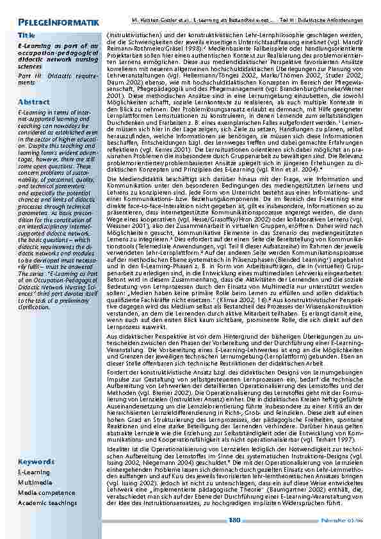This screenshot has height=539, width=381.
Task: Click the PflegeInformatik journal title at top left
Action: click(x=58, y=24)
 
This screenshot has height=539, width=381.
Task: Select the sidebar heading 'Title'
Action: click(x=26, y=35)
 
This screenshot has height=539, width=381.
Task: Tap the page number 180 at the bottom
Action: click(x=234, y=521)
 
